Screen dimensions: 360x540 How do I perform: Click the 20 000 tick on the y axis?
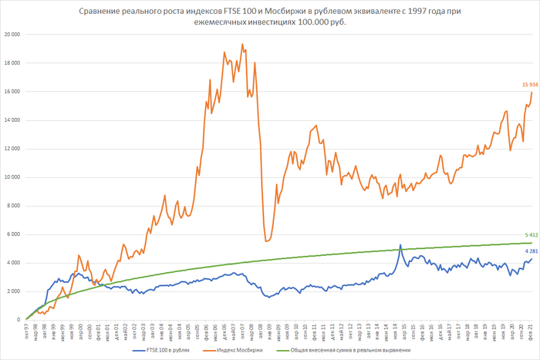(x=12, y=35)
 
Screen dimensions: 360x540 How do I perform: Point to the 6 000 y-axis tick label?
(x=13, y=234)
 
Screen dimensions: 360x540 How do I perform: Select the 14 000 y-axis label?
(x=12, y=120)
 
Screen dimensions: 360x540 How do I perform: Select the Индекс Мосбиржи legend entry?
(x=263, y=350)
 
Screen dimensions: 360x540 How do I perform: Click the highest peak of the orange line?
(x=242, y=45)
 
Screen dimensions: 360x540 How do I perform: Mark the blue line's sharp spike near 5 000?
(x=400, y=245)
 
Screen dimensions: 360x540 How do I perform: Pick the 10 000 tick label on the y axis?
(x=12, y=177)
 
